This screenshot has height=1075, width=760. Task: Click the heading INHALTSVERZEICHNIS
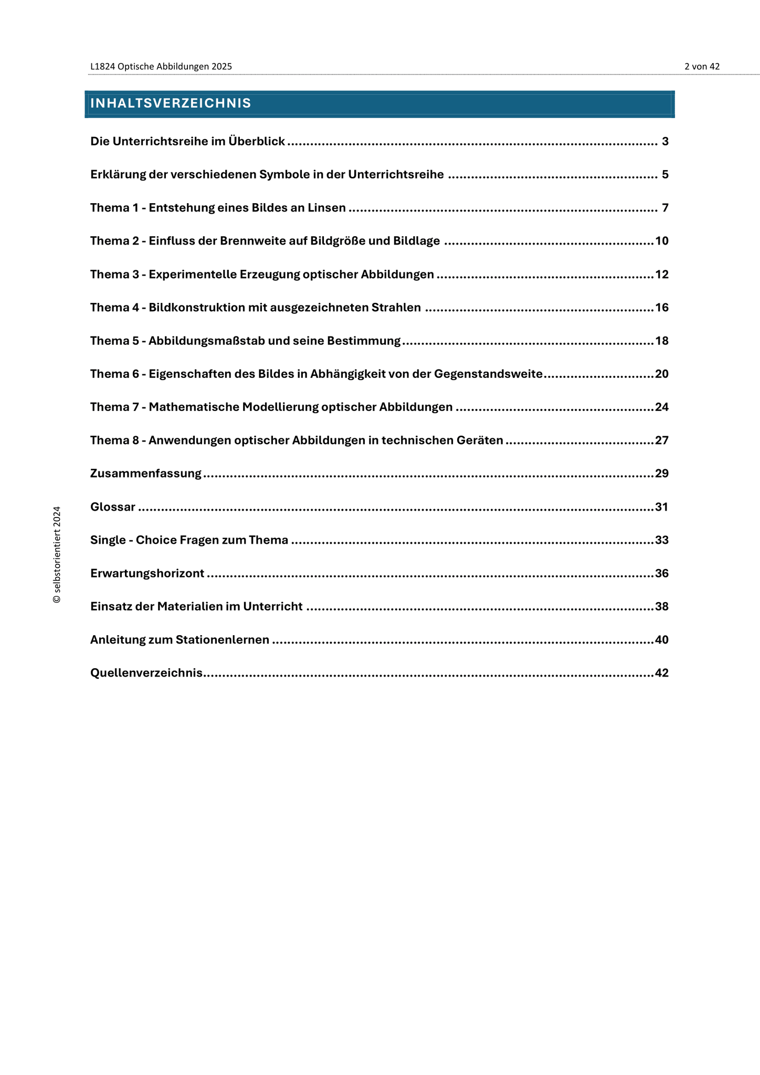(171, 103)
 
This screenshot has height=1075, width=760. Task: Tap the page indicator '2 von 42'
(702, 67)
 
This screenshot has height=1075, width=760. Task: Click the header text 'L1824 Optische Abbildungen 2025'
(161, 67)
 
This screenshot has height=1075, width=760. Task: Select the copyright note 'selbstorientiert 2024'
(57, 554)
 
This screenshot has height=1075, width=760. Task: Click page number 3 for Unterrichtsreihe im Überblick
(665, 142)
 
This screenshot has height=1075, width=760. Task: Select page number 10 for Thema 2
(662, 241)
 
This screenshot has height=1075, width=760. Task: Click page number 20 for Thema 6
(662, 374)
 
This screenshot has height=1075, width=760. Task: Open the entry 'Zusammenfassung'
(146, 474)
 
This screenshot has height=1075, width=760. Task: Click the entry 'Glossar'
(113, 507)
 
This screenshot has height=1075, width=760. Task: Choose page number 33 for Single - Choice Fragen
(662, 540)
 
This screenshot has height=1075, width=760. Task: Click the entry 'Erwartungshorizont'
(147, 574)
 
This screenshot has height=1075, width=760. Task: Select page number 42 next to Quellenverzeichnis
(662, 673)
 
